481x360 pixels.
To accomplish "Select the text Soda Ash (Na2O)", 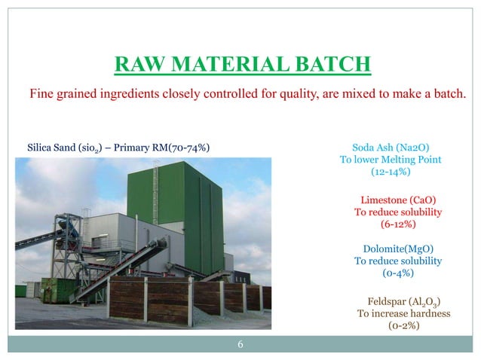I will pyautogui.click(x=391, y=147).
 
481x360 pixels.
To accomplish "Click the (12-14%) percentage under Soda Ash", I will pyautogui.click(x=391, y=172).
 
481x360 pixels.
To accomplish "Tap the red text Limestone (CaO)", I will pyautogui.click(x=398, y=200).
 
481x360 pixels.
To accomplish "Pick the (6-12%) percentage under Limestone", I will pyautogui.click(x=398, y=224).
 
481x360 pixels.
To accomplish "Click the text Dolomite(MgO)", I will pyautogui.click(x=398, y=249).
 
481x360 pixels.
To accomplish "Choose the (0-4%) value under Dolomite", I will pyautogui.click(x=398, y=273).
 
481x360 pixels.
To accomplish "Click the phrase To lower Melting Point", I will pyautogui.click(x=391, y=160).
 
